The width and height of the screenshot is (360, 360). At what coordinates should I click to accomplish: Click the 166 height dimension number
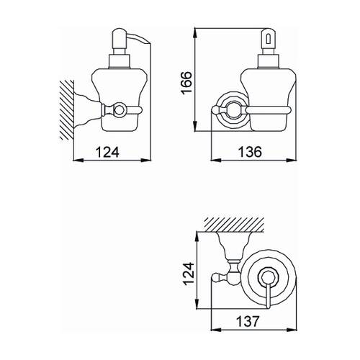(x=186, y=83)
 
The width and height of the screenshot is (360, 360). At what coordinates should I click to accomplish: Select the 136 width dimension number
(x=250, y=152)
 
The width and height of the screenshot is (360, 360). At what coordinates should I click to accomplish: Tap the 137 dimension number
(x=248, y=321)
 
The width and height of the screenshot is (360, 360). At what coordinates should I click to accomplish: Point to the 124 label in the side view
(x=107, y=152)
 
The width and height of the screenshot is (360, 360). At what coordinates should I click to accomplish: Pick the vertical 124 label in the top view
(x=189, y=274)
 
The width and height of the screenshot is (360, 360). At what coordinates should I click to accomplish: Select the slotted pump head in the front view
(x=269, y=38)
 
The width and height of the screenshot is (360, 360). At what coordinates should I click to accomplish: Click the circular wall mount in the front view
(x=233, y=110)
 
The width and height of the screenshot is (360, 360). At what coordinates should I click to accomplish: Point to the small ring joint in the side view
(x=119, y=110)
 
